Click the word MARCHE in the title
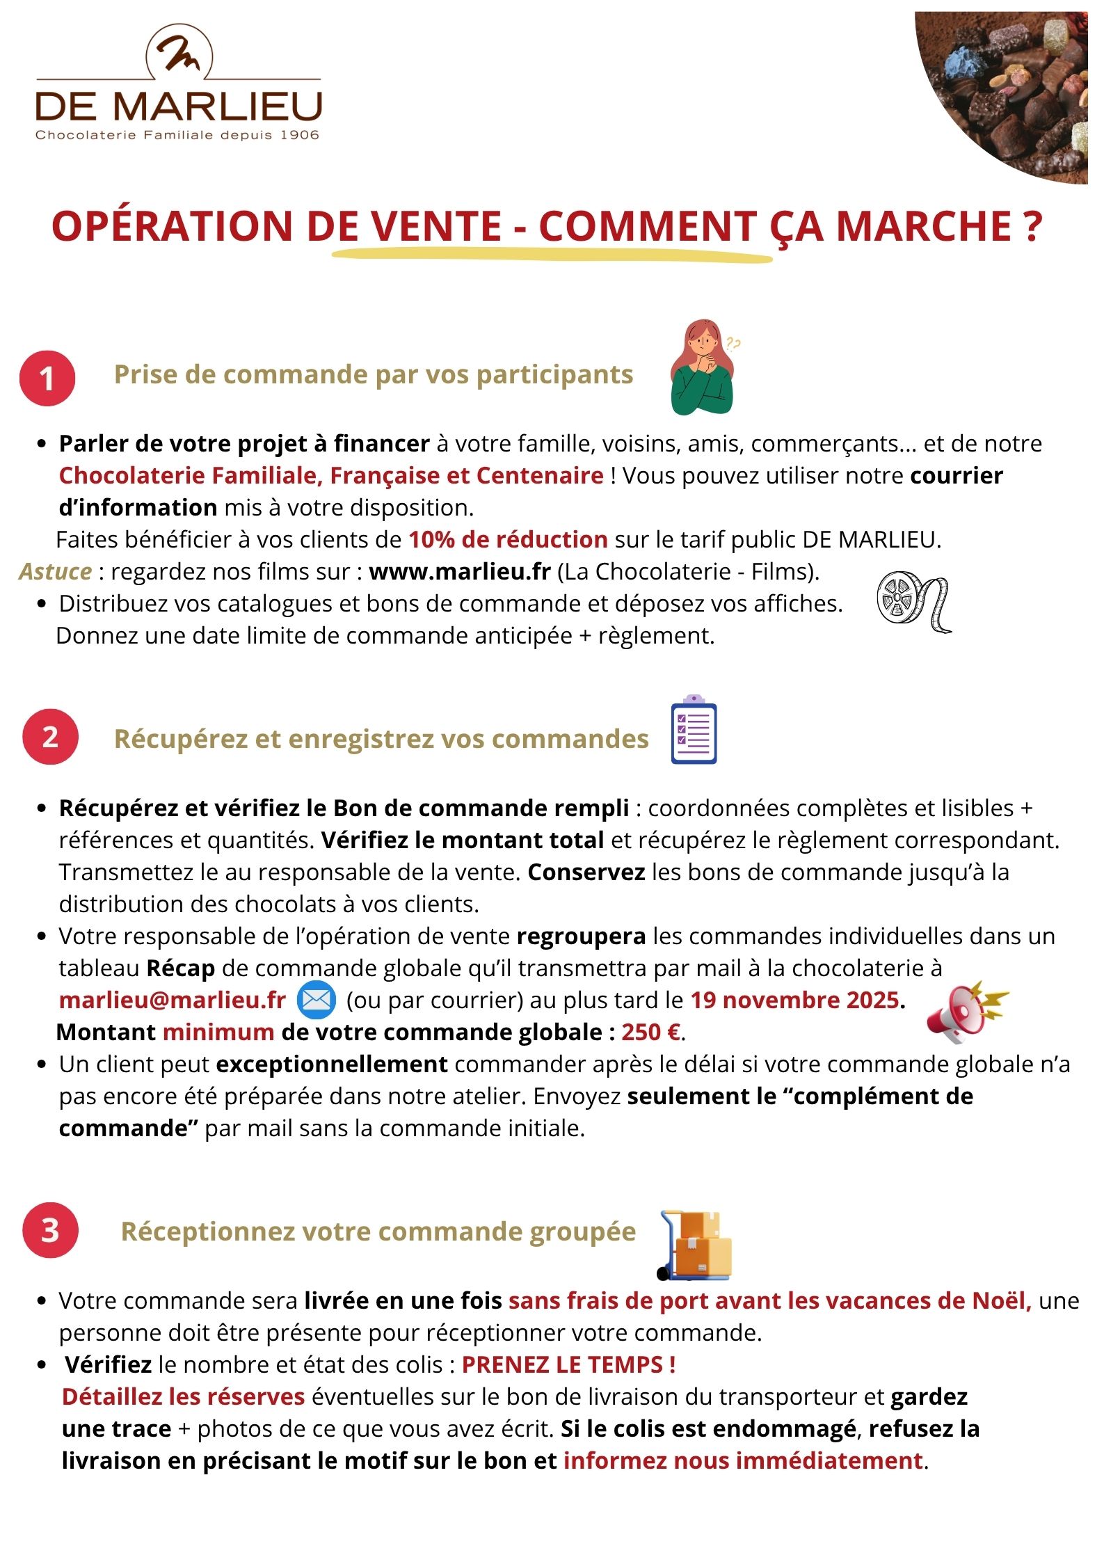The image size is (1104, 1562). click(x=924, y=226)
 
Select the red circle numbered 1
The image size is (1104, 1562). click(x=47, y=378)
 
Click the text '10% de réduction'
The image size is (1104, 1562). click(x=508, y=540)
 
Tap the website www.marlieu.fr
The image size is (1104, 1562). click(x=459, y=572)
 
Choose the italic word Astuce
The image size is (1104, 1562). click(x=56, y=572)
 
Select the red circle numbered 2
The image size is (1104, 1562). click(x=50, y=737)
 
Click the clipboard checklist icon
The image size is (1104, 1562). click(x=694, y=730)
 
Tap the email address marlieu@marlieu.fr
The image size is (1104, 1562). click(x=173, y=1000)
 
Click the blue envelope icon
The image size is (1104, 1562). click(x=317, y=1000)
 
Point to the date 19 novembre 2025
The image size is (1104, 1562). click(x=794, y=1000)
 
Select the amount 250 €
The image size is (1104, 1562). click(x=650, y=1032)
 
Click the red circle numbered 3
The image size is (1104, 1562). click(x=50, y=1230)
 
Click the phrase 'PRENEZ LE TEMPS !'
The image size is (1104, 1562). click(x=568, y=1364)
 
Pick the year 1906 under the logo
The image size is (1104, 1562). click(x=300, y=135)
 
